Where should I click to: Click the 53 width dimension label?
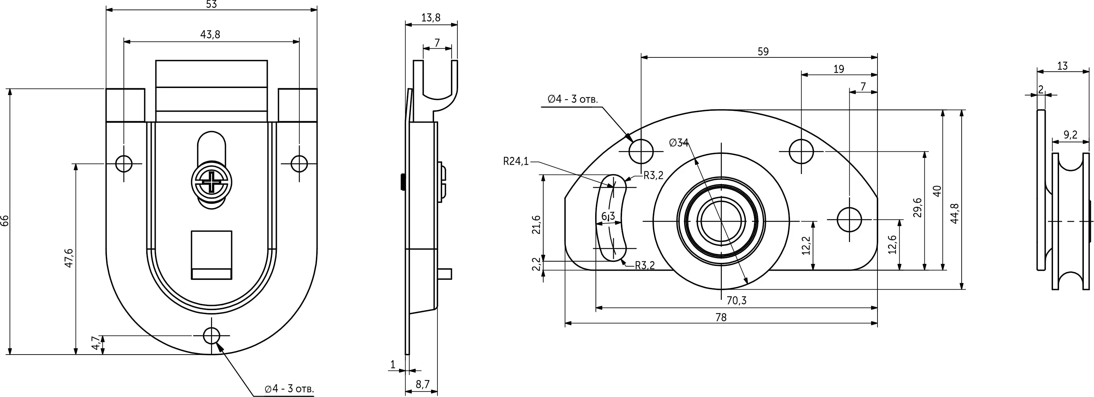pyautogui.click(x=211, y=4)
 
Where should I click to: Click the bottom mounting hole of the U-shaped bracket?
pyautogui.click(x=211, y=336)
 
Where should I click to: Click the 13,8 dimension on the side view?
pyautogui.click(x=431, y=18)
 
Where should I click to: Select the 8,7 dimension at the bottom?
pyautogui.click(x=422, y=385)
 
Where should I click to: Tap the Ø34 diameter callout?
pyautogui.click(x=679, y=143)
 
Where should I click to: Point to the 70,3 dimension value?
pyautogui.click(x=736, y=301)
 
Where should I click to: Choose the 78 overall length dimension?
pyautogui.click(x=721, y=317)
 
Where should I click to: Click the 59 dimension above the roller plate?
pyautogui.click(x=763, y=51)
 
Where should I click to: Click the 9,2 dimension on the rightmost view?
pyautogui.click(x=1071, y=135)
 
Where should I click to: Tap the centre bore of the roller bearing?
pyautogui.click(x=721, y=221)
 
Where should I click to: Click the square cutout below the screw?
pyautogui.click(x=211, y=255)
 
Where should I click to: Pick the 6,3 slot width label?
pyautogui.click(x=608, y=216)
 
